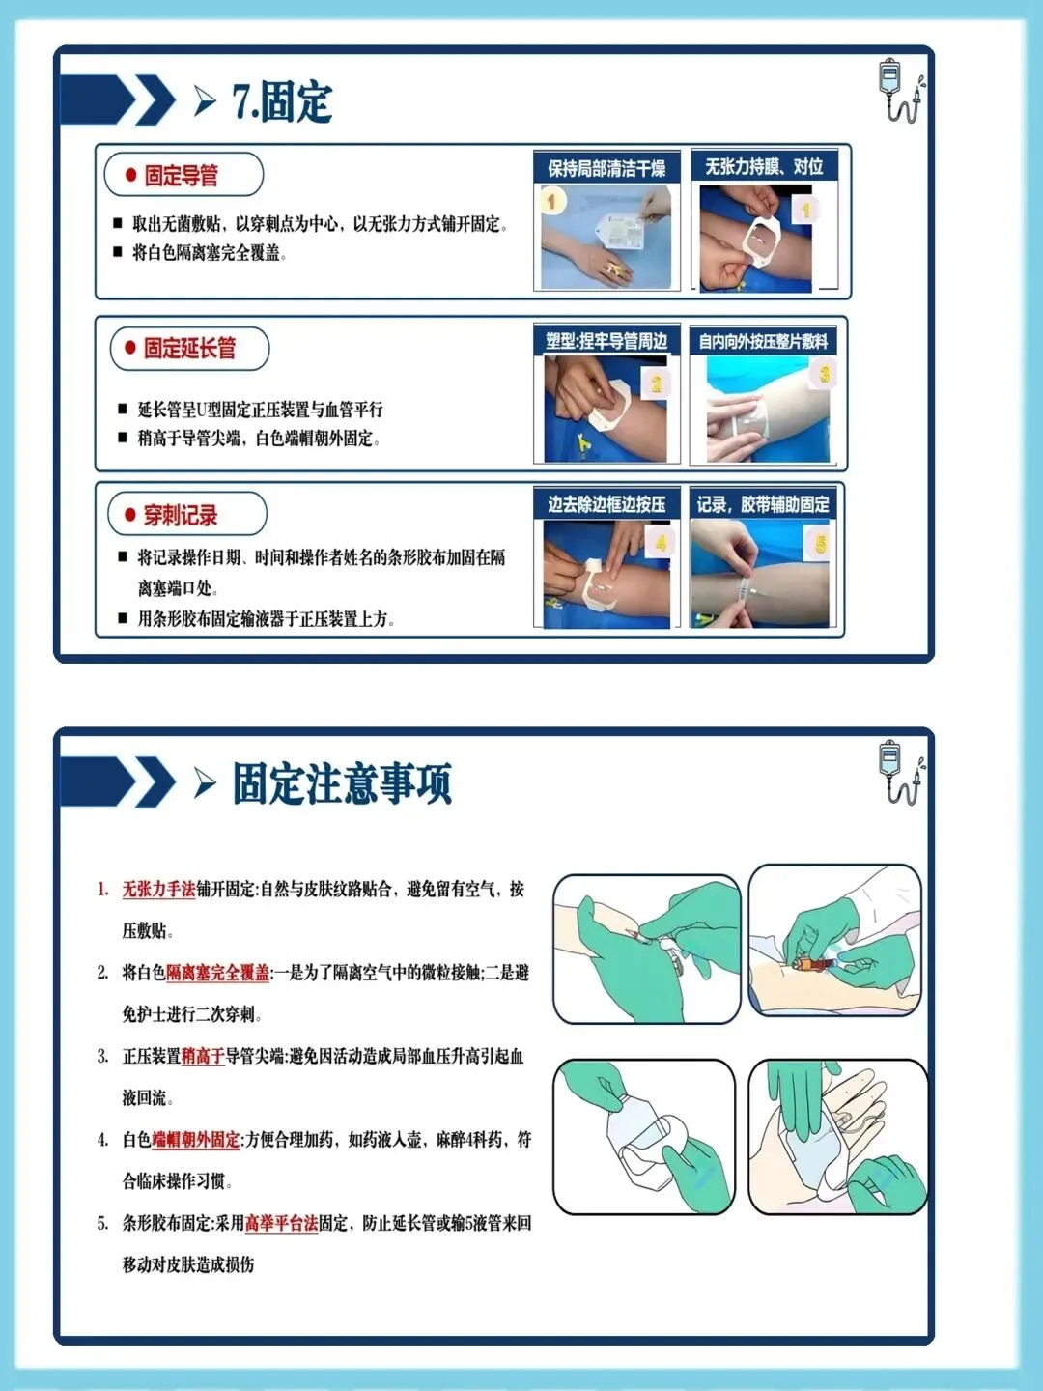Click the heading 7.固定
pyautogui.click(x=282, y=101)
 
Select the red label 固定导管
pyautogui.click(x=182, y=176)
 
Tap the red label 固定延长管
pyautogui.click(x=189, y=348)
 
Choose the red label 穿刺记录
pyautogui.click(x=181, y=515)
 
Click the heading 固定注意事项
pyautogui.click(x=342, y=782)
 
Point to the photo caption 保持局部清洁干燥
pyautogui.click(x=606, y=169)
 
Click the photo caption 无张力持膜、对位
pyautogui.click(x=764, y=167)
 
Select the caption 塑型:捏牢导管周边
pyautogui.click(x=606, y=342)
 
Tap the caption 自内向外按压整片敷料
pyautogui.click(x=763, y=342)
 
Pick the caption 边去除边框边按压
pyautogui.click(x=606, y=504)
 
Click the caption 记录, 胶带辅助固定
pyautogui.click(x=763, y=504)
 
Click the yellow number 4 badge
pyautogui.click(x=661, y=543)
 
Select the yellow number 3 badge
pyautogui.click(x=824, y=375)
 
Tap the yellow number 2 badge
pyautogui.click(x=656, y=384)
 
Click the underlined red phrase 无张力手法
pyautogui.click(x=158, y=890)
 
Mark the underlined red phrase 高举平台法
pyautogui.click(x=281, y=1223)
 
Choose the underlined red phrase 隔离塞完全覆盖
pyautogui.click(x=218, y=973)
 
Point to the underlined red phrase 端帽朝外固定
pyautogui.click(x=196, y=1140)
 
